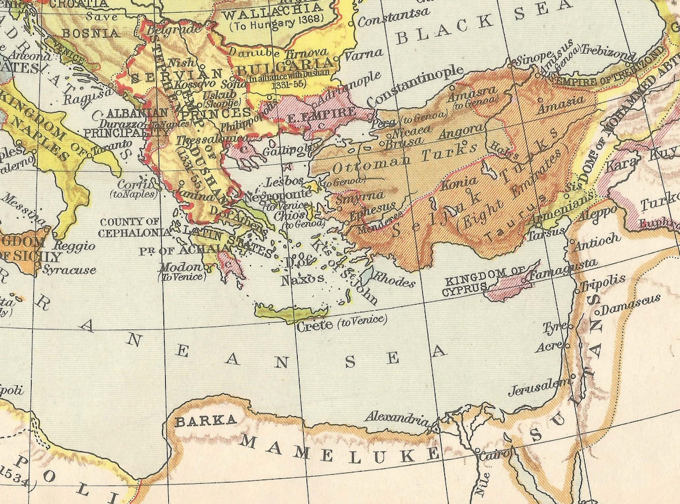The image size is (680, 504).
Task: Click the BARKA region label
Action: [205, 420]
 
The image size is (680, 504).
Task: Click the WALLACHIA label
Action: [272, 11]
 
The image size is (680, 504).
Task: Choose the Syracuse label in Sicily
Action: [69, 270]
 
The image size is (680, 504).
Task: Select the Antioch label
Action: [596, 241]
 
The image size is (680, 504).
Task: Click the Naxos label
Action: [303, 279]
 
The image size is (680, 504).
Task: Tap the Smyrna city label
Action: [353, 196]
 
